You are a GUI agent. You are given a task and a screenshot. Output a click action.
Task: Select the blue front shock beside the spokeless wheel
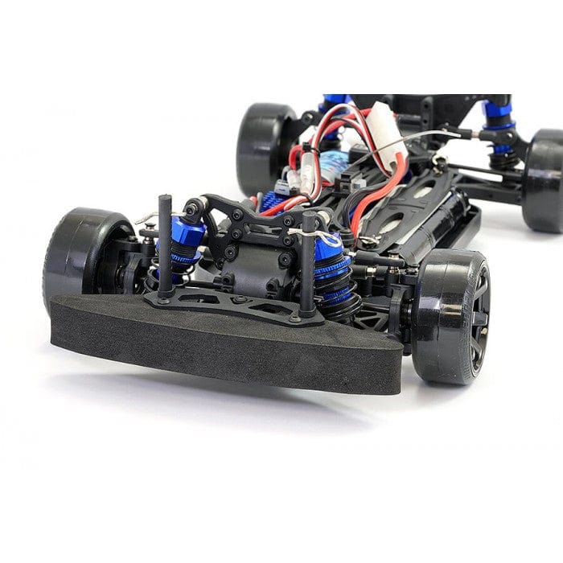(183, 245)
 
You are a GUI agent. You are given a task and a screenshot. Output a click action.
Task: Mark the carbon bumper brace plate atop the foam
(233, 306)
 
